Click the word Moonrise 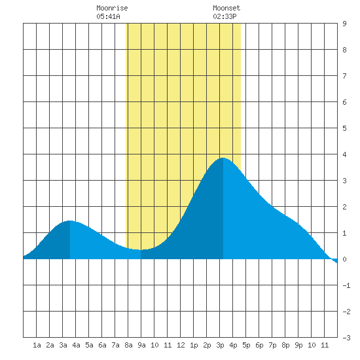click(x=112, y=8)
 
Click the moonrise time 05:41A click(x=108, y=16)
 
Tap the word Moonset click(x=226, y=8)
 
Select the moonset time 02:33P click(x=225, y=16)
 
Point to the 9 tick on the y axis click(x=344, y=24)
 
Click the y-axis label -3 click(x=346, y=338)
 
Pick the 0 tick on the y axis click(x=344, y=259)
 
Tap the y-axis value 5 click(x=344, y=128)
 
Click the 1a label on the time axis click(x=37, y=345)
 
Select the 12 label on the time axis click(x=181, y=345)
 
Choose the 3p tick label click(x=220, y=345)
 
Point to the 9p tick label click(x=298, y=345)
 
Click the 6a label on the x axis click(x=102, y=345)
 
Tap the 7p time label click(x=272, y=345)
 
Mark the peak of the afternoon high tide click(x=223, y=158)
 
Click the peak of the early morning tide click(x=70, y=221)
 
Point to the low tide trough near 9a click(x=141, y=250)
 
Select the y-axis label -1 click(x=346, y=285)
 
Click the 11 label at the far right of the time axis click(x=325, y=345)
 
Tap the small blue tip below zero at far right click(x=334, y=261)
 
